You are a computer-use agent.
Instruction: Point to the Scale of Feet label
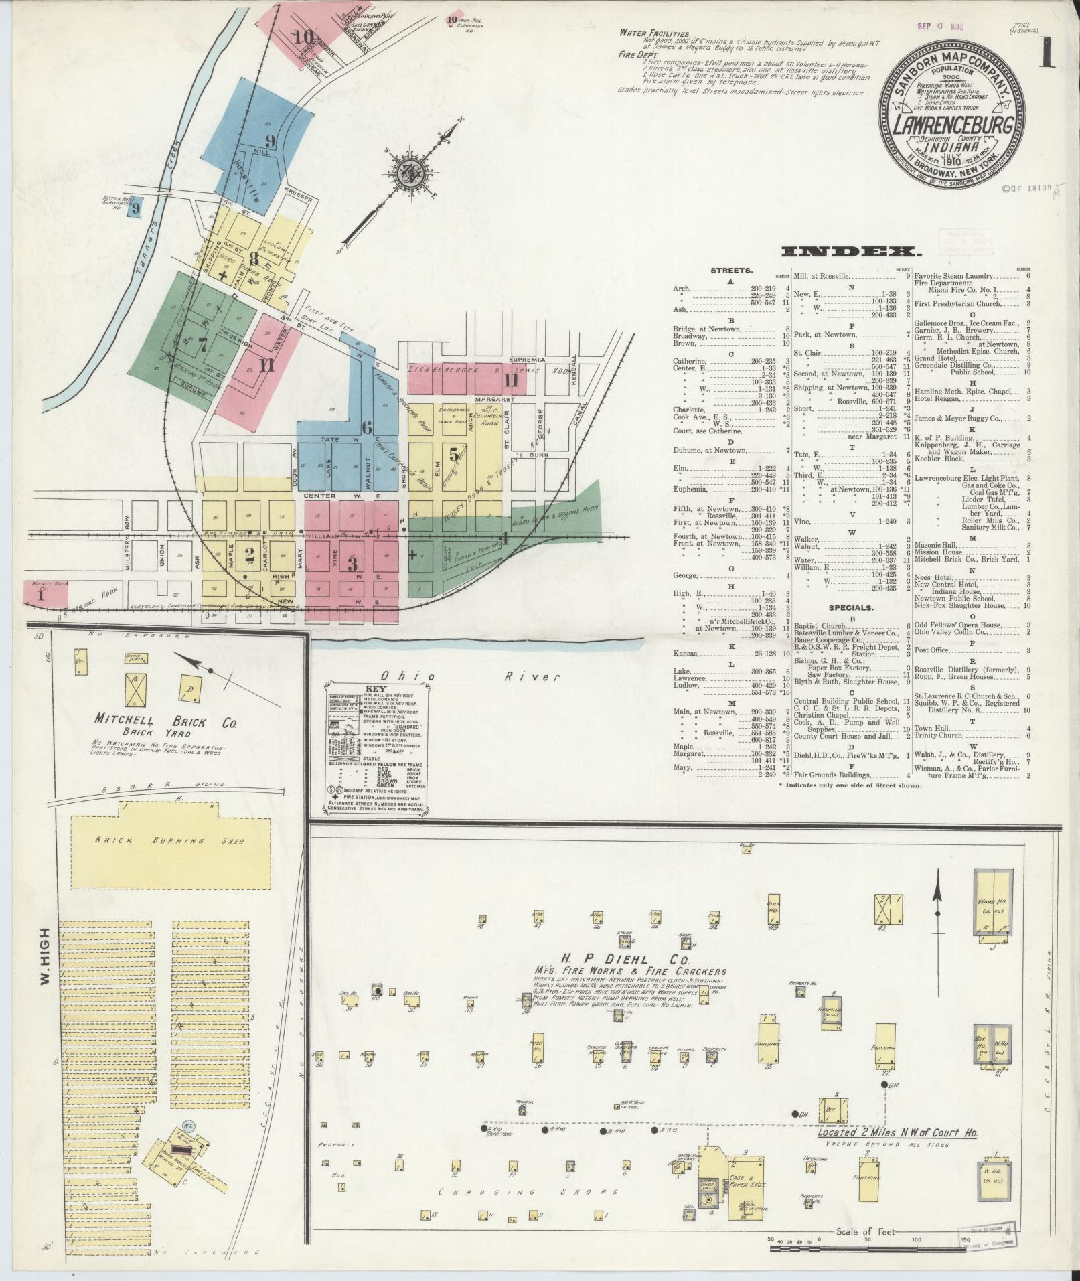(866, 1232)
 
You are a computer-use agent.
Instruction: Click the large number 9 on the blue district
(270, 141)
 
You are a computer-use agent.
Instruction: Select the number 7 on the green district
(202, 346)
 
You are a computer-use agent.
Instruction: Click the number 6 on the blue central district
(366, 427)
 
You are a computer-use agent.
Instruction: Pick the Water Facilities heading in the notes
(654, 33)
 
